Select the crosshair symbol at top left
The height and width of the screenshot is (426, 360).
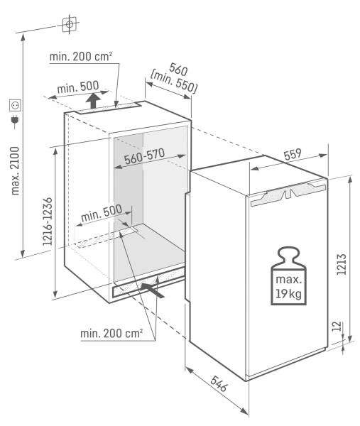(x=69, y=25)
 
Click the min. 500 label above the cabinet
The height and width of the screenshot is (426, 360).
(x=78, y=87)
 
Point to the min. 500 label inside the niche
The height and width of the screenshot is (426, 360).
(x=101, y=215)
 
